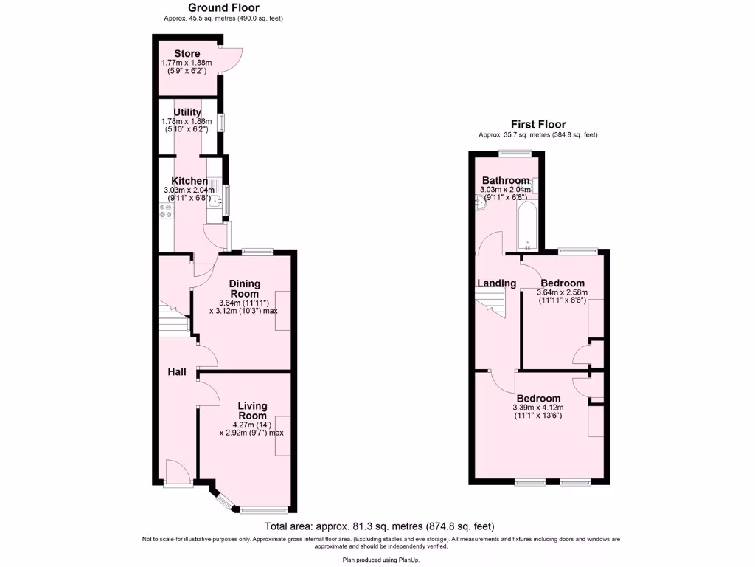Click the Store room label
[187, 54]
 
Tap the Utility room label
[187, 112]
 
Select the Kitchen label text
[189, 181]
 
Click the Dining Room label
[243, 289]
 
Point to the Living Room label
[252, 410]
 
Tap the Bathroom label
[506, 181]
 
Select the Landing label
[496, 283]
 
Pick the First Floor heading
[538, 125]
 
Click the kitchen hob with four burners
[166, 211]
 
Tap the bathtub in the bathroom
[527, 225]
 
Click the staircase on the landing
[490, 303]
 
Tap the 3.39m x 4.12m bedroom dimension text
[538, 408]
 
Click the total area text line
[379, 526]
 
